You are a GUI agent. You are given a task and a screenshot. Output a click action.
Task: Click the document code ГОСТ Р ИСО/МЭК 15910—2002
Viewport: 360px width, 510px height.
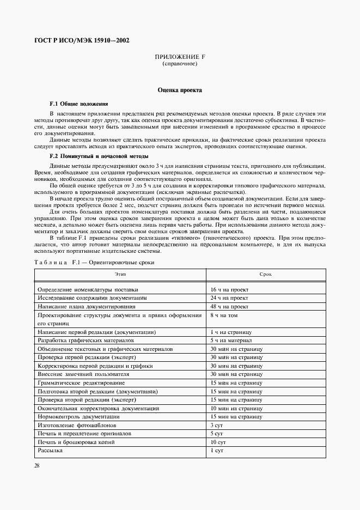click(82, 40)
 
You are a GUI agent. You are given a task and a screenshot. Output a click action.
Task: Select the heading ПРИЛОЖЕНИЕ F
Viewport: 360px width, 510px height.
click(180, 57)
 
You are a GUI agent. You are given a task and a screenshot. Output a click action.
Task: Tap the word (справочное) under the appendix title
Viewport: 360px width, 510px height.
click(180, 64)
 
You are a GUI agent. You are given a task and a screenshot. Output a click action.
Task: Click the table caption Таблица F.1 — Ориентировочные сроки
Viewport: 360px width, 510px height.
click(94, 262)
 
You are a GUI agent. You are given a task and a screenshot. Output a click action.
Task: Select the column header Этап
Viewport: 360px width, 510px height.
click(120, 274)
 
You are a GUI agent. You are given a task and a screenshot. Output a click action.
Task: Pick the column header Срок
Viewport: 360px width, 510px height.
click(266, 274)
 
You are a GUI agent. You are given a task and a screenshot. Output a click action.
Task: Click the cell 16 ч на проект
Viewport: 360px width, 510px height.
click(229, 290)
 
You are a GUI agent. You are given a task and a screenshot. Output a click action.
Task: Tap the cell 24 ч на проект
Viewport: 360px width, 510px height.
click(229, 298)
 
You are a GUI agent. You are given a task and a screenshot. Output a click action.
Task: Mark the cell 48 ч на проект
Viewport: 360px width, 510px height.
click(229, 307)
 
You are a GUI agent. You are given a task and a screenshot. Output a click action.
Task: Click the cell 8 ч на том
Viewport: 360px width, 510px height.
click(224, 315)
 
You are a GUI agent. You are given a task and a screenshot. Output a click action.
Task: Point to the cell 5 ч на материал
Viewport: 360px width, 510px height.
click(231, 340)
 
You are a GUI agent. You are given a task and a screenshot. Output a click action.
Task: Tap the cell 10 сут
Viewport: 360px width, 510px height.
click(218, 442)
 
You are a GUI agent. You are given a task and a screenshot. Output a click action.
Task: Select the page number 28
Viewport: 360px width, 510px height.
click(37, 466)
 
